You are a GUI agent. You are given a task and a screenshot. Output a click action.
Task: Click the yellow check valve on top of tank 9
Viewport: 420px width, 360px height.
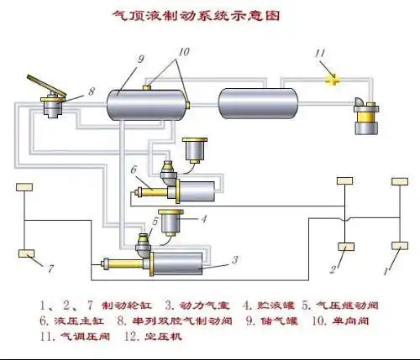(146, 86)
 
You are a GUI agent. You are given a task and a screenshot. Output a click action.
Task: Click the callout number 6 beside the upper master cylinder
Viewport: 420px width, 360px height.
(132, 170)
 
